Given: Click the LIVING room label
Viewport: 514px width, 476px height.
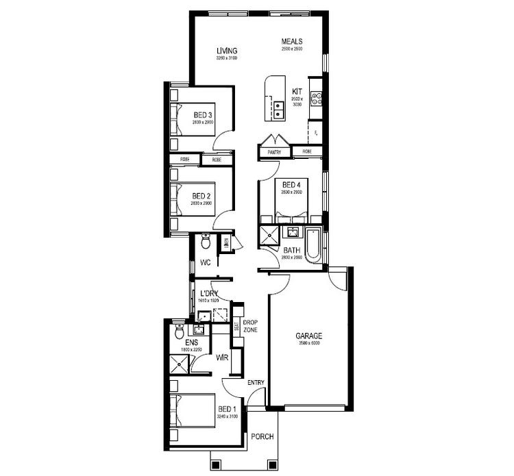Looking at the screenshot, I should pyautogui.click(x=227, y=51).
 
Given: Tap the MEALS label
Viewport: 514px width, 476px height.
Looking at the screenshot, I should pyautogui.click(x=292, y=42).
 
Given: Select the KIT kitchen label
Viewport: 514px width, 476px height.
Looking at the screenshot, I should pyautogui.click(x=297, y=91).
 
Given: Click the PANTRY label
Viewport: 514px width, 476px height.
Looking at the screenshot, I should pyautogui.click(x=275, y=151).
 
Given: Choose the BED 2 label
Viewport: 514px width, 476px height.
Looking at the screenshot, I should pyautogui.click(x=201, y=196).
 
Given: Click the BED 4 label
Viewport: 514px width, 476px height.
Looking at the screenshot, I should pyautogui.click(x=291, y=185).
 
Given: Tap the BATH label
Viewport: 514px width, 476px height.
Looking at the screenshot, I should pyautogui.click(x=291, y=251).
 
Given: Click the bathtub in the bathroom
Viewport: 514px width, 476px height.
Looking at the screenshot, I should pyautogui.click(x=313, y=244).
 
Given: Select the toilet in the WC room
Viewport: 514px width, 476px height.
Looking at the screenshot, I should pyautogui.click(x=205, y=241).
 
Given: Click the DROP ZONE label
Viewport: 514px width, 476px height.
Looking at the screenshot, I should pyautogui.click(x=250, y=326).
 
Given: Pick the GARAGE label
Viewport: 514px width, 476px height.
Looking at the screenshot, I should pyautogui.click(x=308, y=336).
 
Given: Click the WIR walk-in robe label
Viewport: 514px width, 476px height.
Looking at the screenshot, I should pyautogui.click(x=221, y=358).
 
